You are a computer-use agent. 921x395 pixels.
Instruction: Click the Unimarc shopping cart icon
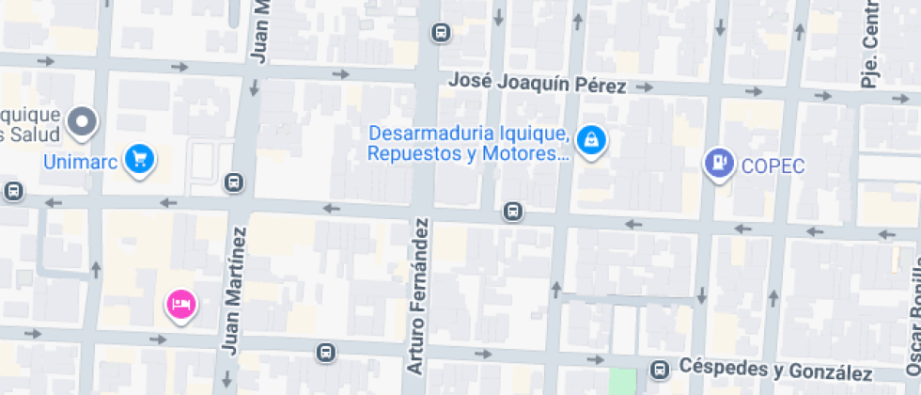(140, 158)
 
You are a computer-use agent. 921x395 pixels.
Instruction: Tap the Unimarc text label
(80, 161)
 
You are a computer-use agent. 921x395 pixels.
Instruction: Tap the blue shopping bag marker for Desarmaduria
(591, 141)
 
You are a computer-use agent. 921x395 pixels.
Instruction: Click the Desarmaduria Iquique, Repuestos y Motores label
(469, 144)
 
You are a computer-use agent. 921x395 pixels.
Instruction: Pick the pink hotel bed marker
(181, 304)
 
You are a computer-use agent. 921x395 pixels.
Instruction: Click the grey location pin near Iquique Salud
(83, 121)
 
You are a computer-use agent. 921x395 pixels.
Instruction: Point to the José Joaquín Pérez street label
(537, 83)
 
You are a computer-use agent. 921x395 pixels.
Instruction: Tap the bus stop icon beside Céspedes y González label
(662, 370)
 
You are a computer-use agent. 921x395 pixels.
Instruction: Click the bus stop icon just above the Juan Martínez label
(234, 182)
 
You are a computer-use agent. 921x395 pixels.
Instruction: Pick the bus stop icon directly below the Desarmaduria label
(512, 211)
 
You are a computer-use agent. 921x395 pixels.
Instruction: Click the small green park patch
(622, 382)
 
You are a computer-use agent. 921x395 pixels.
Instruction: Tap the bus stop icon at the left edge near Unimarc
(13, 191)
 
